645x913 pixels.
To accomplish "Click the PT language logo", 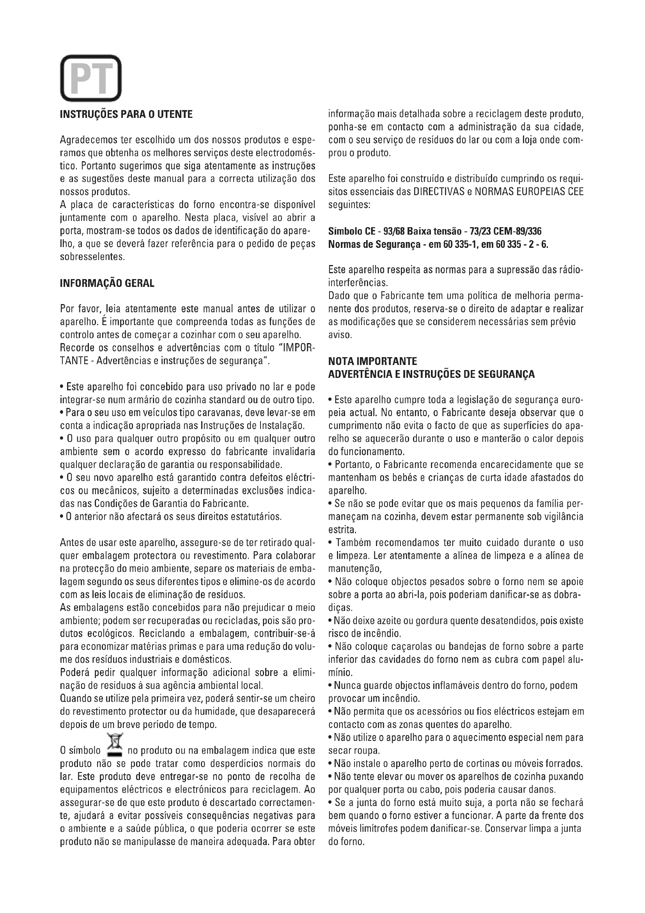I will (90, 78).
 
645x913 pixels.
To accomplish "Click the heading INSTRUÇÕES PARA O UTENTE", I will (126, 114).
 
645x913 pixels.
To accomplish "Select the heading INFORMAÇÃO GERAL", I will (107, 283).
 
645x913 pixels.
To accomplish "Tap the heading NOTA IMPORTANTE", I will (372, 361).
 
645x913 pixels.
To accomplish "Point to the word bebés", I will (409, 477).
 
